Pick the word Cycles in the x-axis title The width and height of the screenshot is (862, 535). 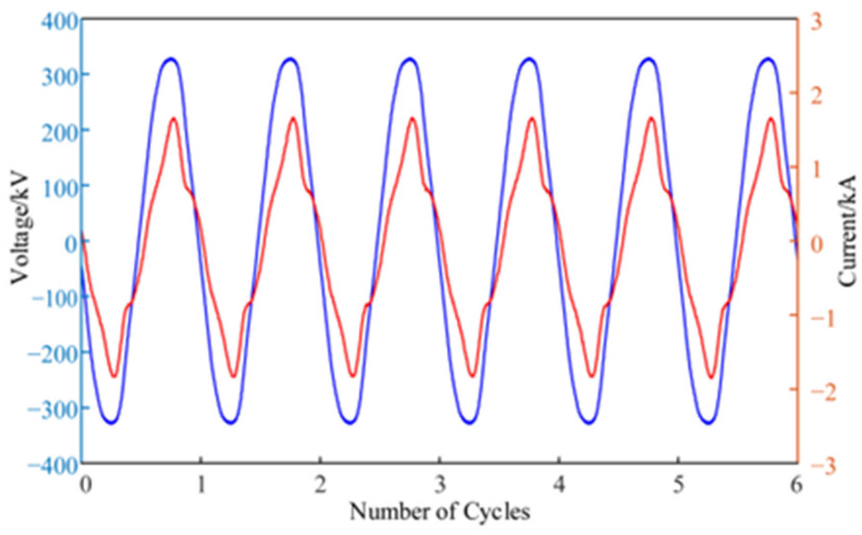(496, 512)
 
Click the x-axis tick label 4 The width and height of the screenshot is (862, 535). (559, 485)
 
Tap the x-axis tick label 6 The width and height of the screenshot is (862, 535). (796, 485)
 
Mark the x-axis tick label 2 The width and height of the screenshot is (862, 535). (320, 485)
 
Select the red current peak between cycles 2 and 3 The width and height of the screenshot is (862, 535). (412, 119)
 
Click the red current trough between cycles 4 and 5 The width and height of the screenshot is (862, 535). (591, 375)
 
